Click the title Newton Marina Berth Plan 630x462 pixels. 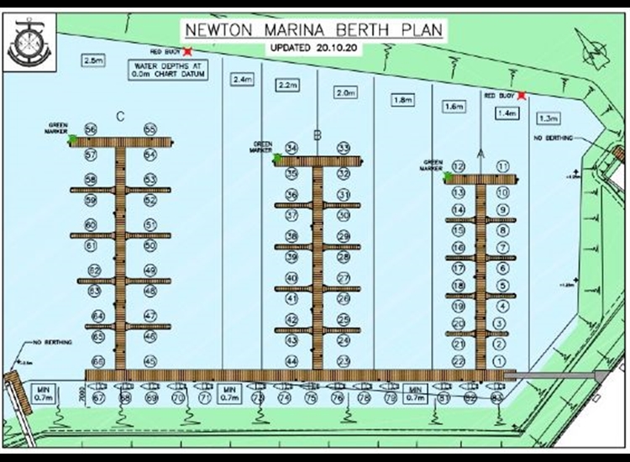tap(315, 30)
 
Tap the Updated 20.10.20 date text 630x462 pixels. tap(315, 48)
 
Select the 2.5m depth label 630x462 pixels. tap(92, 60)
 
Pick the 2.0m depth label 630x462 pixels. tap(345, 93)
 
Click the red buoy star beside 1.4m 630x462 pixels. tap(522, 96)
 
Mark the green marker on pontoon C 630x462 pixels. tap(74, 139)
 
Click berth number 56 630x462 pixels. tap(91, 129)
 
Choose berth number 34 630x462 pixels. tap(291, 148)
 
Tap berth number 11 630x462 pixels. tap(502, 166)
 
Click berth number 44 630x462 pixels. tap(291, 361)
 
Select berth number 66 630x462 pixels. tap(98, 361)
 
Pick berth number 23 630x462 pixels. tap(343, 361)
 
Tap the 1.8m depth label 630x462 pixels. tap(402, 100)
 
